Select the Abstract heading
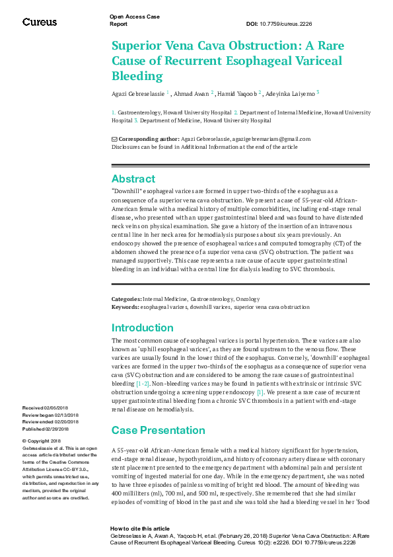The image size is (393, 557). [133, 179]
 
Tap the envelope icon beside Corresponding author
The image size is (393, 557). [114, 139]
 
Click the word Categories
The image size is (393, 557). [125, 300]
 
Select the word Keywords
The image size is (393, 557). [125, 307]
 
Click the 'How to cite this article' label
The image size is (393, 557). [139, 529]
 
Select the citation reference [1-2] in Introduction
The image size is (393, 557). [143, 383]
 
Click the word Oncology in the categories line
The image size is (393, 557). [248, 300]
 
